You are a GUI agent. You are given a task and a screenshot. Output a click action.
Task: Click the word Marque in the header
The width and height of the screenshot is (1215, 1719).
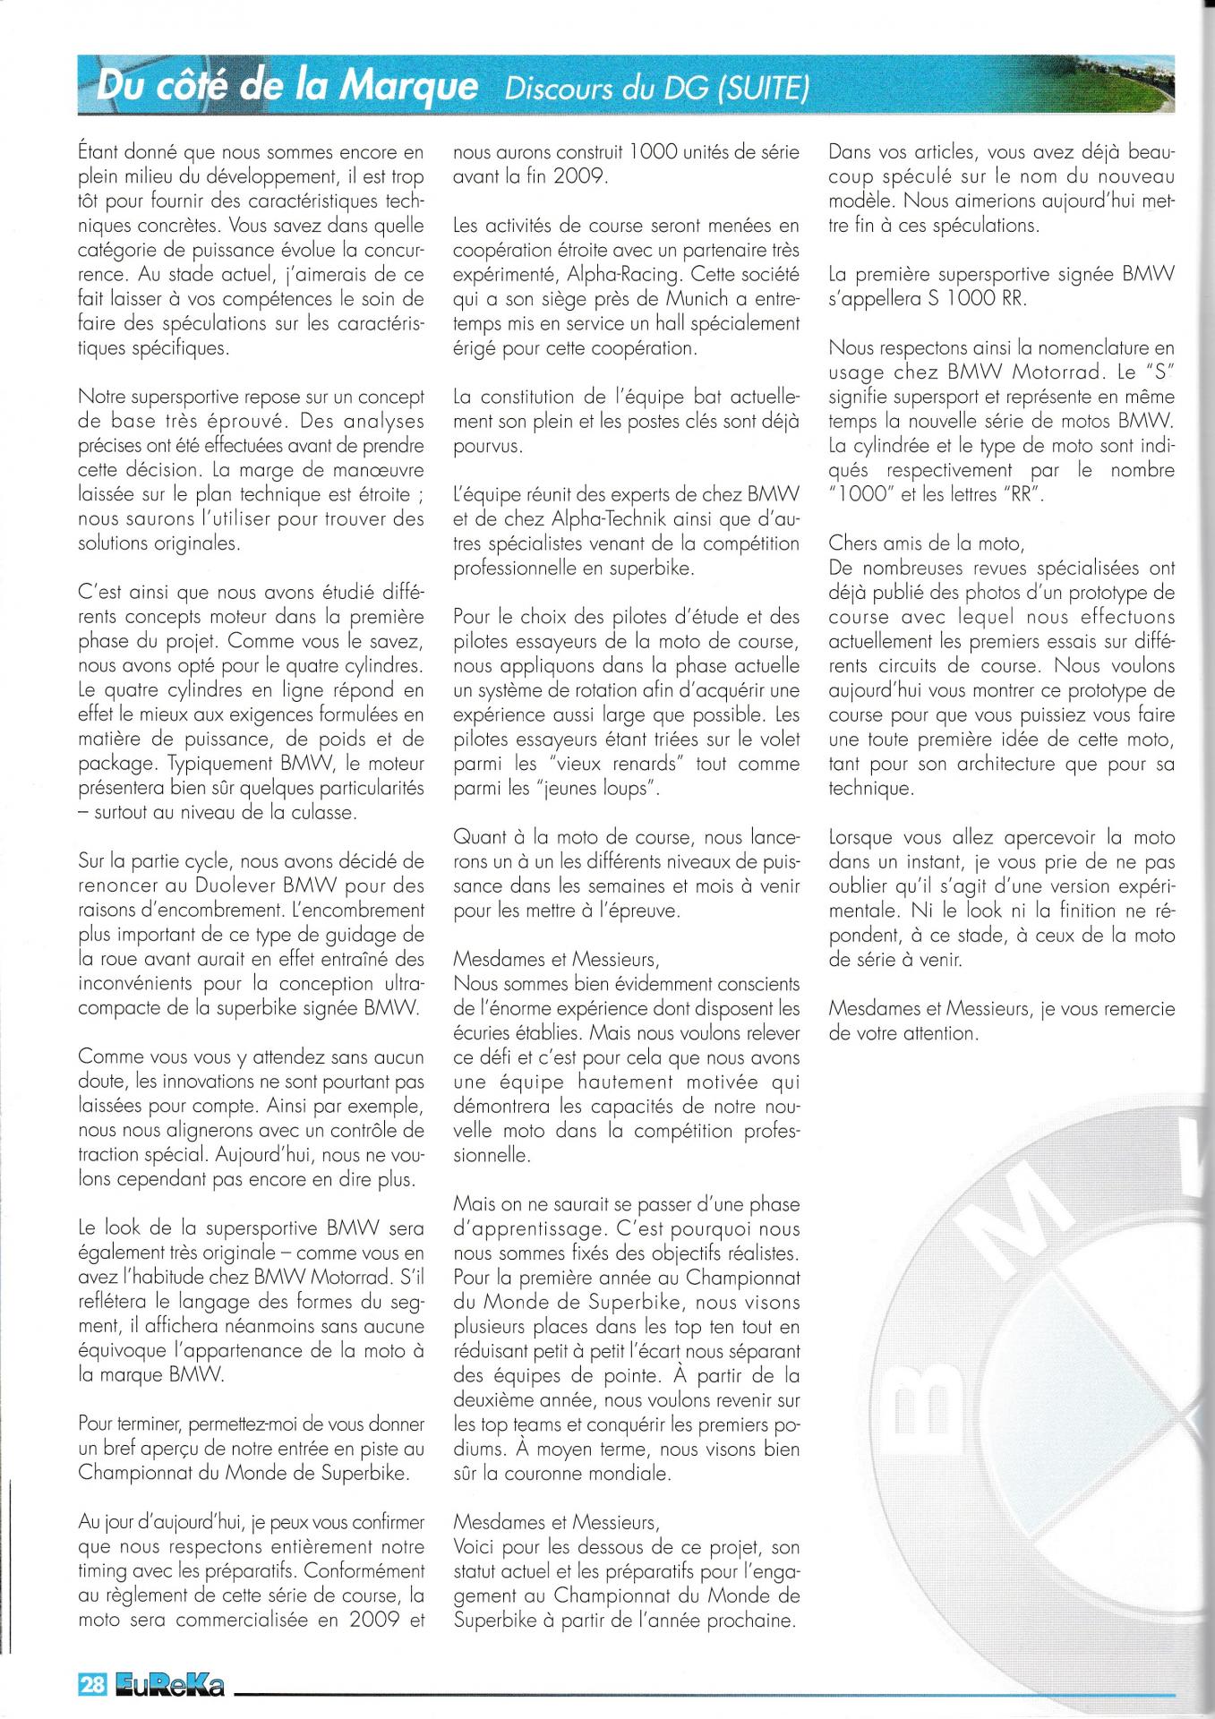(x=411, y=86)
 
